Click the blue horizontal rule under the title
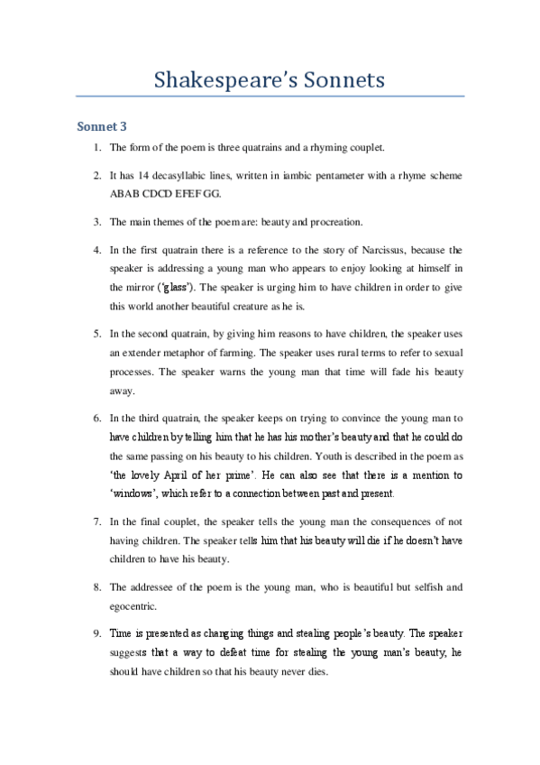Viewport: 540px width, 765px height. click(270, 96)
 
